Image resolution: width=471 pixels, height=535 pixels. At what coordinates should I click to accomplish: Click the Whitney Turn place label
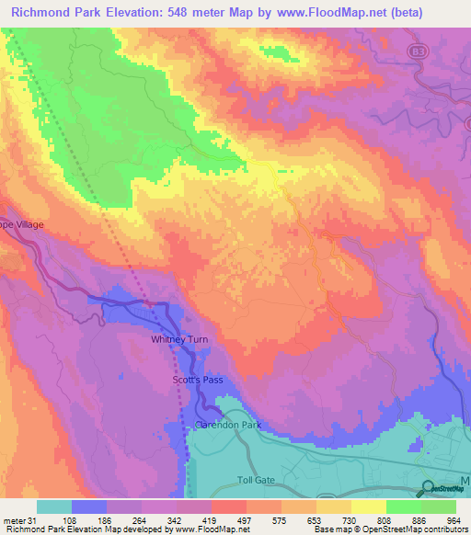tap(179, 340)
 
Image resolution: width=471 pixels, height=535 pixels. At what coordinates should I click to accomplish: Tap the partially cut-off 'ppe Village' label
tap(21, 224)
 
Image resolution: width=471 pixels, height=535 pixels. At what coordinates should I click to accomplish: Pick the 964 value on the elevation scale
tap(454, 519)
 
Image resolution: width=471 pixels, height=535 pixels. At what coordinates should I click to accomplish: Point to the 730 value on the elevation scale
tap(350, 519)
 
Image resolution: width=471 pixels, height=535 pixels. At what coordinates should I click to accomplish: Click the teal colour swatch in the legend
tap(54, 507)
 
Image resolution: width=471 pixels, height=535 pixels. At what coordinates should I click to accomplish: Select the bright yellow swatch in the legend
tap(368, 507)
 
